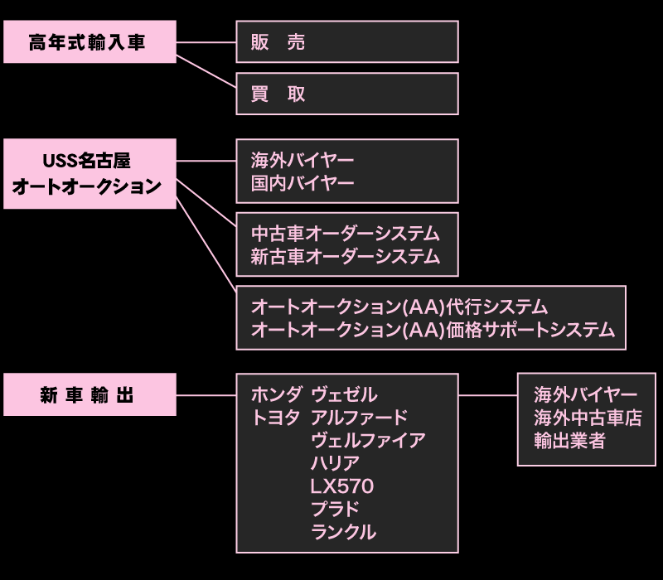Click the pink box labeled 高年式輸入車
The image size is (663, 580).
[90, 42]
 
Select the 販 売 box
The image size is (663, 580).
[346, 42]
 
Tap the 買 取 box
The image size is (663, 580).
[346, 94]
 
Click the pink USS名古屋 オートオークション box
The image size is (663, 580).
[90, 173]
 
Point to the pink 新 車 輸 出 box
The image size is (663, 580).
[90, 394]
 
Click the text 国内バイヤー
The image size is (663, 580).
[302, 183]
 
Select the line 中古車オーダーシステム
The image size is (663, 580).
[345, 234]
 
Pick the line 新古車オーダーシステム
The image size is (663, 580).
[345, 257]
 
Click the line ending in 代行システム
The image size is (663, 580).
[399, 307]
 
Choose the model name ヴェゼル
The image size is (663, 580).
[344, 394]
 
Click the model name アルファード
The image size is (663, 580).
[359, 418]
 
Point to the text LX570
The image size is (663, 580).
[341, 486]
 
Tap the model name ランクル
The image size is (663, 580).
[343, 532]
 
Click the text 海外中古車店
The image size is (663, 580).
[588, 418]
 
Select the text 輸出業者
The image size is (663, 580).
[569, 441]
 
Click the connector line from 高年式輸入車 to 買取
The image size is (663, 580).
[206, 75]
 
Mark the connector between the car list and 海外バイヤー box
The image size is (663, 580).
[487, 394]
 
